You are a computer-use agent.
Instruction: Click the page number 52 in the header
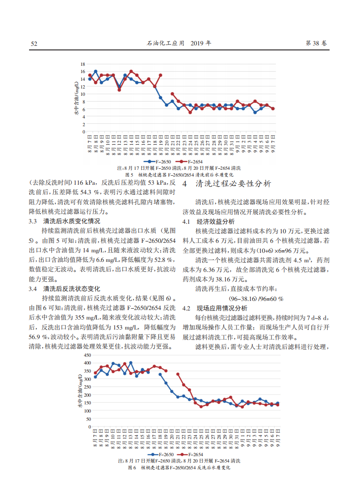34,44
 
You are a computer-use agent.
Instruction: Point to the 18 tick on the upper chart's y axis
83,64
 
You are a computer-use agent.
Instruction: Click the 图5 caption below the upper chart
179,174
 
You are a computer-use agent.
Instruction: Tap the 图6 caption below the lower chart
179,467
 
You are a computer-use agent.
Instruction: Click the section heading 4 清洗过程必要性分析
227,184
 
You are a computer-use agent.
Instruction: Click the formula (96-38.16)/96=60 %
256,299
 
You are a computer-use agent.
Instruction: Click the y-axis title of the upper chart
77,97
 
